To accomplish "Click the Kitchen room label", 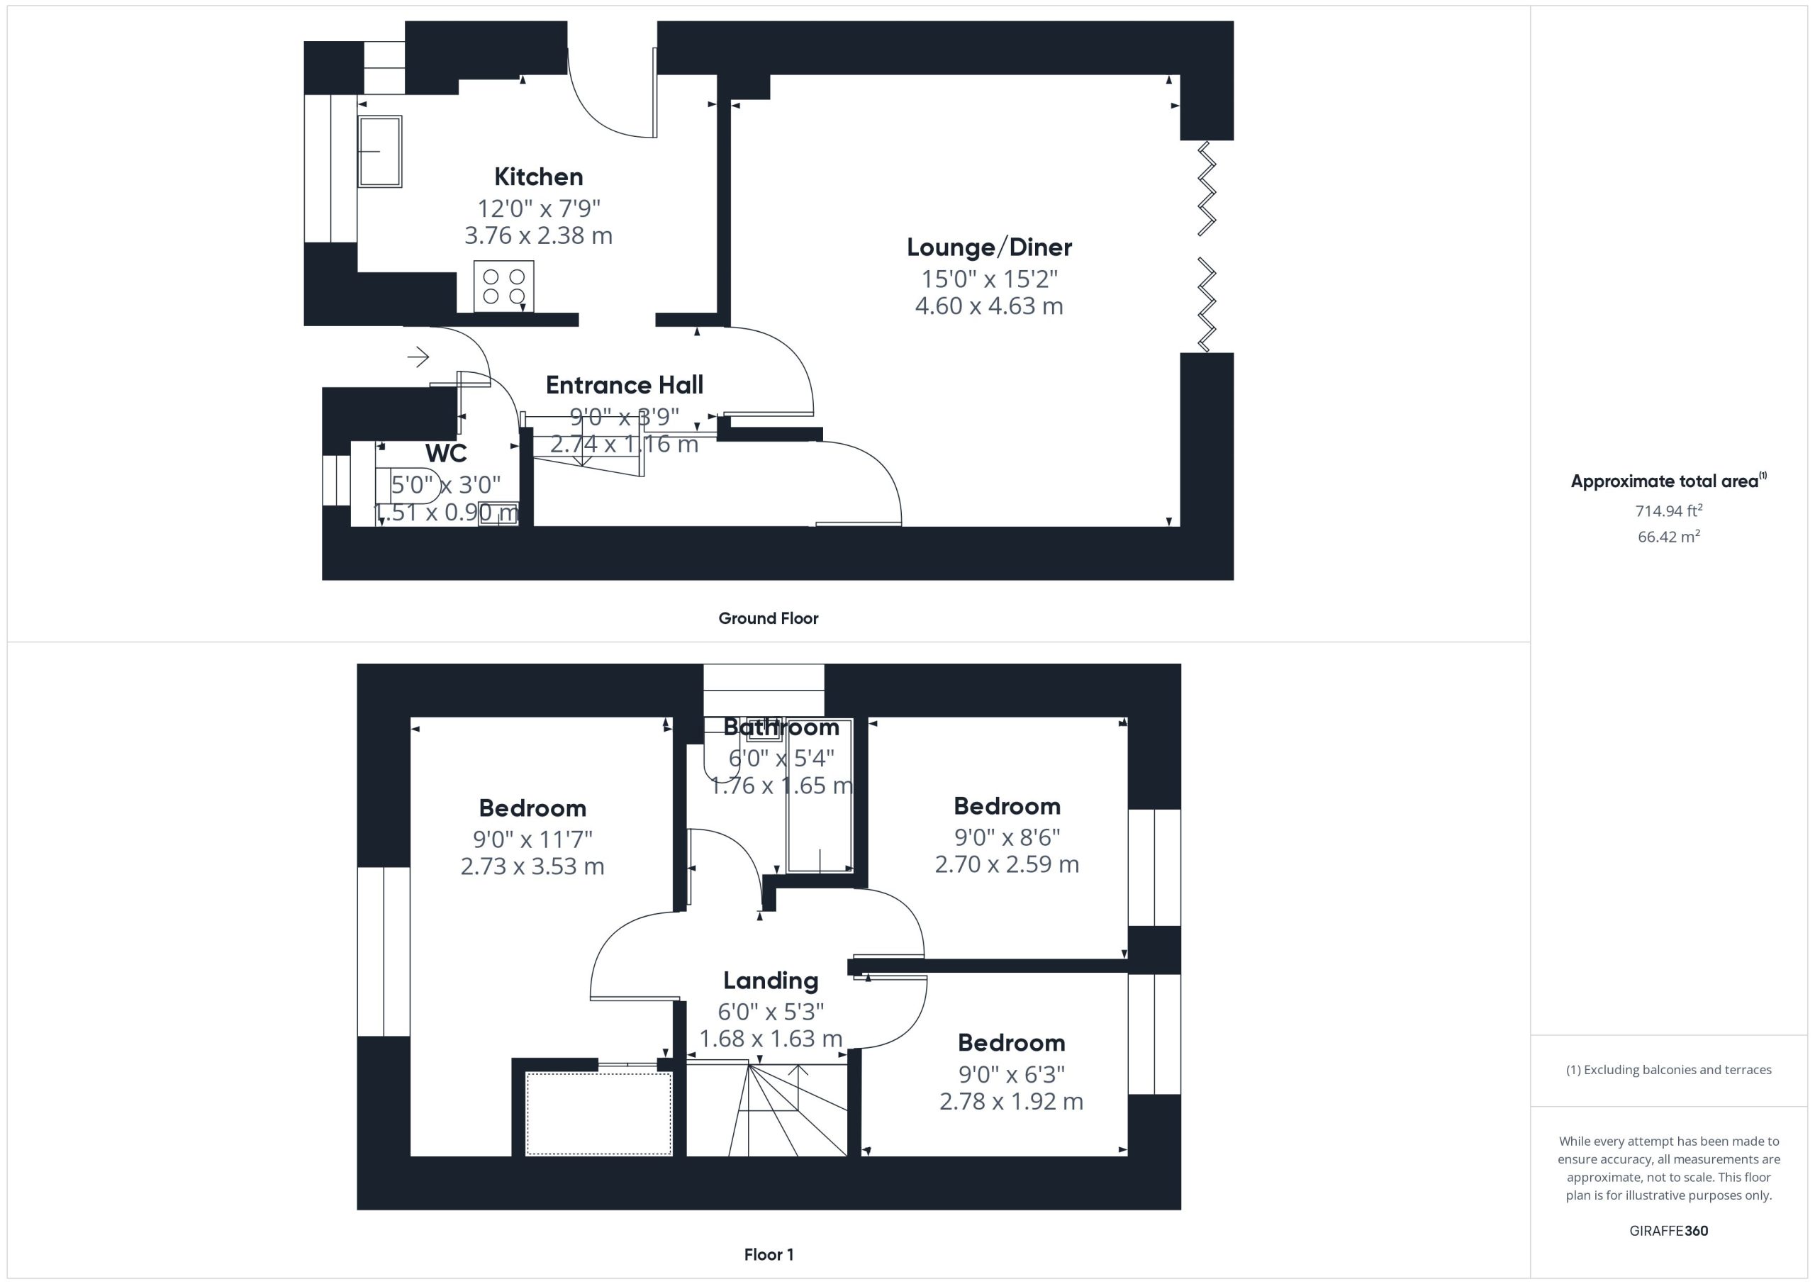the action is click(538, 177).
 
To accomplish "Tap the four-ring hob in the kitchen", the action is click(503, 286).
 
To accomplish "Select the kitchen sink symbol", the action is click(380, 151).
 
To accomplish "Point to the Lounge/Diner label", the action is click(989, 247).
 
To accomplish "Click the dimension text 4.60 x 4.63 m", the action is click(989, 306).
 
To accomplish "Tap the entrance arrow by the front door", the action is click(418, 357).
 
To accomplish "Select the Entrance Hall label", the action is click(625, 385).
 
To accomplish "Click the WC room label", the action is click(446, 453).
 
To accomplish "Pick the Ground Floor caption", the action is click(769, 618).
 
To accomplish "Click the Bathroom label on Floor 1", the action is click(781, 727).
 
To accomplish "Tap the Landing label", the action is click(771, 981).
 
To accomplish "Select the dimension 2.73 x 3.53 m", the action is click(532, 866).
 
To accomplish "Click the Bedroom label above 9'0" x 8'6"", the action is click(1007, 806).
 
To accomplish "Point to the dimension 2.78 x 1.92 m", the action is click(1011, 1101).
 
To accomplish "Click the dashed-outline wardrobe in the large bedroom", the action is click(598, 1113).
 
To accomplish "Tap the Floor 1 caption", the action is click(769, 1255).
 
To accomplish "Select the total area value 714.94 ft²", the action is click(1669, 510).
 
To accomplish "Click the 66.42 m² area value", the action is click(1669, 536).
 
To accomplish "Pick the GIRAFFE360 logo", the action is click(1669, 1231).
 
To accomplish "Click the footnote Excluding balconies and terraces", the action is click(1669, 1070).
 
